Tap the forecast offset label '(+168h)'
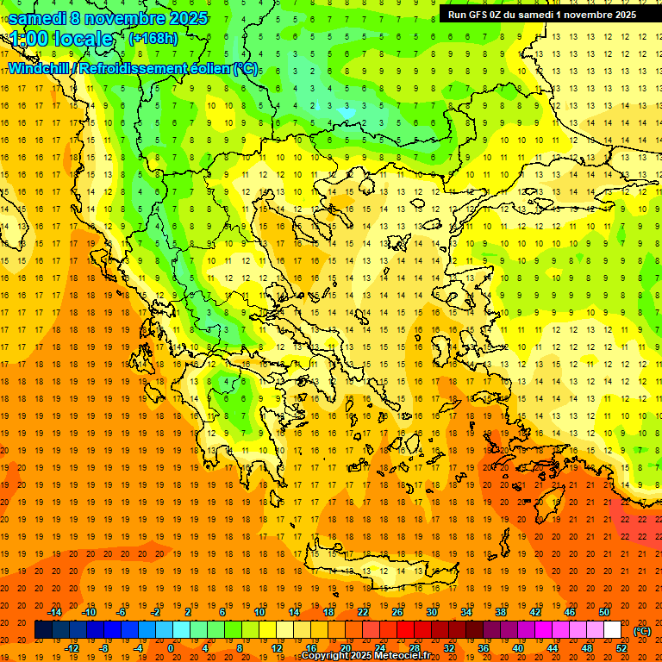pos(153,38)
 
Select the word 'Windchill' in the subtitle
pos(40,68)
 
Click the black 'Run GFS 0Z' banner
pos(542,14)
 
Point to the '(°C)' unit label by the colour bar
pos(642,631)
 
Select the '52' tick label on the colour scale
pos(621,647)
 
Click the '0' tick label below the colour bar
pos(170,647)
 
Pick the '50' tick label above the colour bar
pos(604,612)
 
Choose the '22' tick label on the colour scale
pos(363,612)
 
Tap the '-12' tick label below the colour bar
pos(72,647)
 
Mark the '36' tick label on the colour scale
pos(484,647)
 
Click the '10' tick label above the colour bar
pos(259,612)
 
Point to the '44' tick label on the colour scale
pos(553,647)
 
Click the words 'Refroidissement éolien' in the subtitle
pos(155,68)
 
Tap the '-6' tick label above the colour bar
pos(122,612)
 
